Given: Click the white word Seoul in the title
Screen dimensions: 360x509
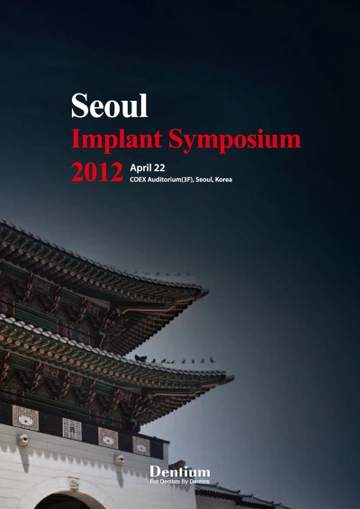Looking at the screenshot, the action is [110, 105].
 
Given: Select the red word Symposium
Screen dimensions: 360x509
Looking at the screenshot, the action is [234, 140].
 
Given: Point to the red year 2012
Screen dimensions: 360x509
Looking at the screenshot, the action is [97, 172].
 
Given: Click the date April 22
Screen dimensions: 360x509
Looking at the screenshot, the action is [148, 168].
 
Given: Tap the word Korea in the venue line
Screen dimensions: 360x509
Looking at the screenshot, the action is [223, 180].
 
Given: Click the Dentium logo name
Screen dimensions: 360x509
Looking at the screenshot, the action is [180, 472].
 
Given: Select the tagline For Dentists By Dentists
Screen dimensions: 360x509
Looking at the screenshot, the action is [180, 481].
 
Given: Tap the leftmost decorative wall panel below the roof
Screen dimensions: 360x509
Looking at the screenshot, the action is [25, 418].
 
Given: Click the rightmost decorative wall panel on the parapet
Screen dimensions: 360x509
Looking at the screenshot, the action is [141, 446].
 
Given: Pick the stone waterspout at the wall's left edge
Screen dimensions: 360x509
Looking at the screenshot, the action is [22, 440].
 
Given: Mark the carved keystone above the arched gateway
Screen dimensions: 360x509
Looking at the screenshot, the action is [74, 484].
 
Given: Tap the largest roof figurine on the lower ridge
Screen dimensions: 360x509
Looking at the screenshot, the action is [140, 358].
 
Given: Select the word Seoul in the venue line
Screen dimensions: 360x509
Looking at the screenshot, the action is [204, 180].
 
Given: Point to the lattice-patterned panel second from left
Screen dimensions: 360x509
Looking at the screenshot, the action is [72, 429].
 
